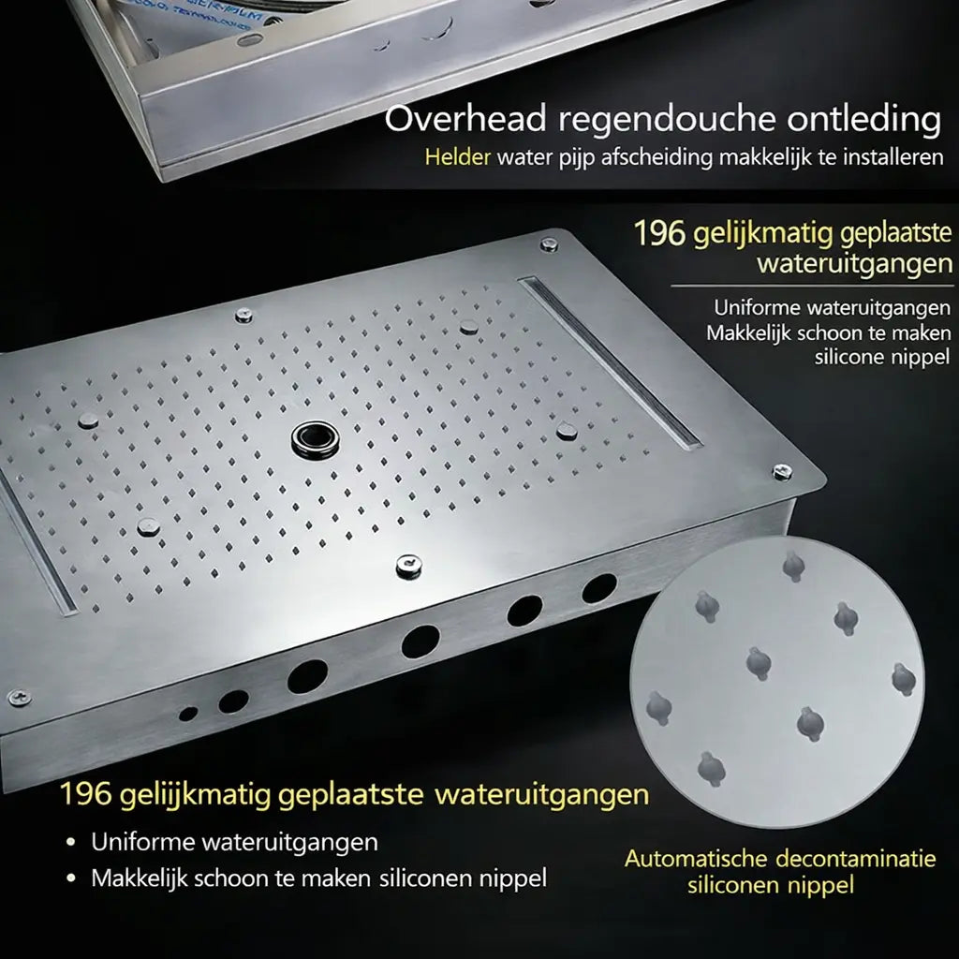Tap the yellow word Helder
457,156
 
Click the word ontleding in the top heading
861,121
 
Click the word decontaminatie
867,858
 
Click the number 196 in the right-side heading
660,233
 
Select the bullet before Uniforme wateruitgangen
71,842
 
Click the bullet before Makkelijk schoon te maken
71,879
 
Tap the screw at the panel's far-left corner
17,697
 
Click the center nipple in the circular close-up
759,662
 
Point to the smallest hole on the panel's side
188,714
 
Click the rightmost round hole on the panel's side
598,588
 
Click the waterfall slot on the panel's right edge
610,361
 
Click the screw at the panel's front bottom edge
408,564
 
